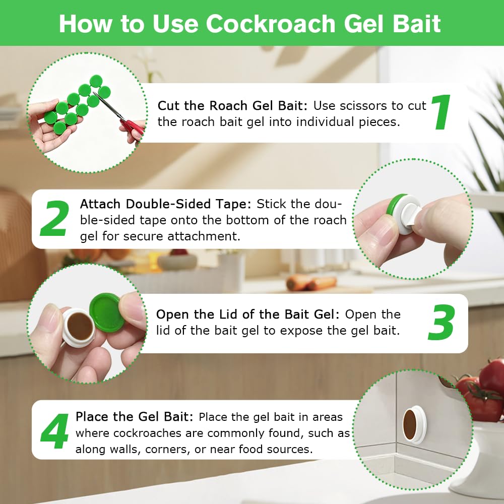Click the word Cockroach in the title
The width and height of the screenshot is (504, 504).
pos(271,24)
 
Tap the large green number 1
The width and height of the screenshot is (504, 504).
pos(440,112)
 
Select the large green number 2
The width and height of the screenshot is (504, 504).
pos(54,219)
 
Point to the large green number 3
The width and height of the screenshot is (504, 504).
pos(442,323)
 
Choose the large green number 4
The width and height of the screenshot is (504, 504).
pos(54,431)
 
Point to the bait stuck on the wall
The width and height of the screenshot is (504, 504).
pos(414,424)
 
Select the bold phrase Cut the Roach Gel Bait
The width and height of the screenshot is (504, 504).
pos(232,105)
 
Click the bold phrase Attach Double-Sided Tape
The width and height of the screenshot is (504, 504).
pos(165,204)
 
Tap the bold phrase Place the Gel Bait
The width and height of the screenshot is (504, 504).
pos(135,417)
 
